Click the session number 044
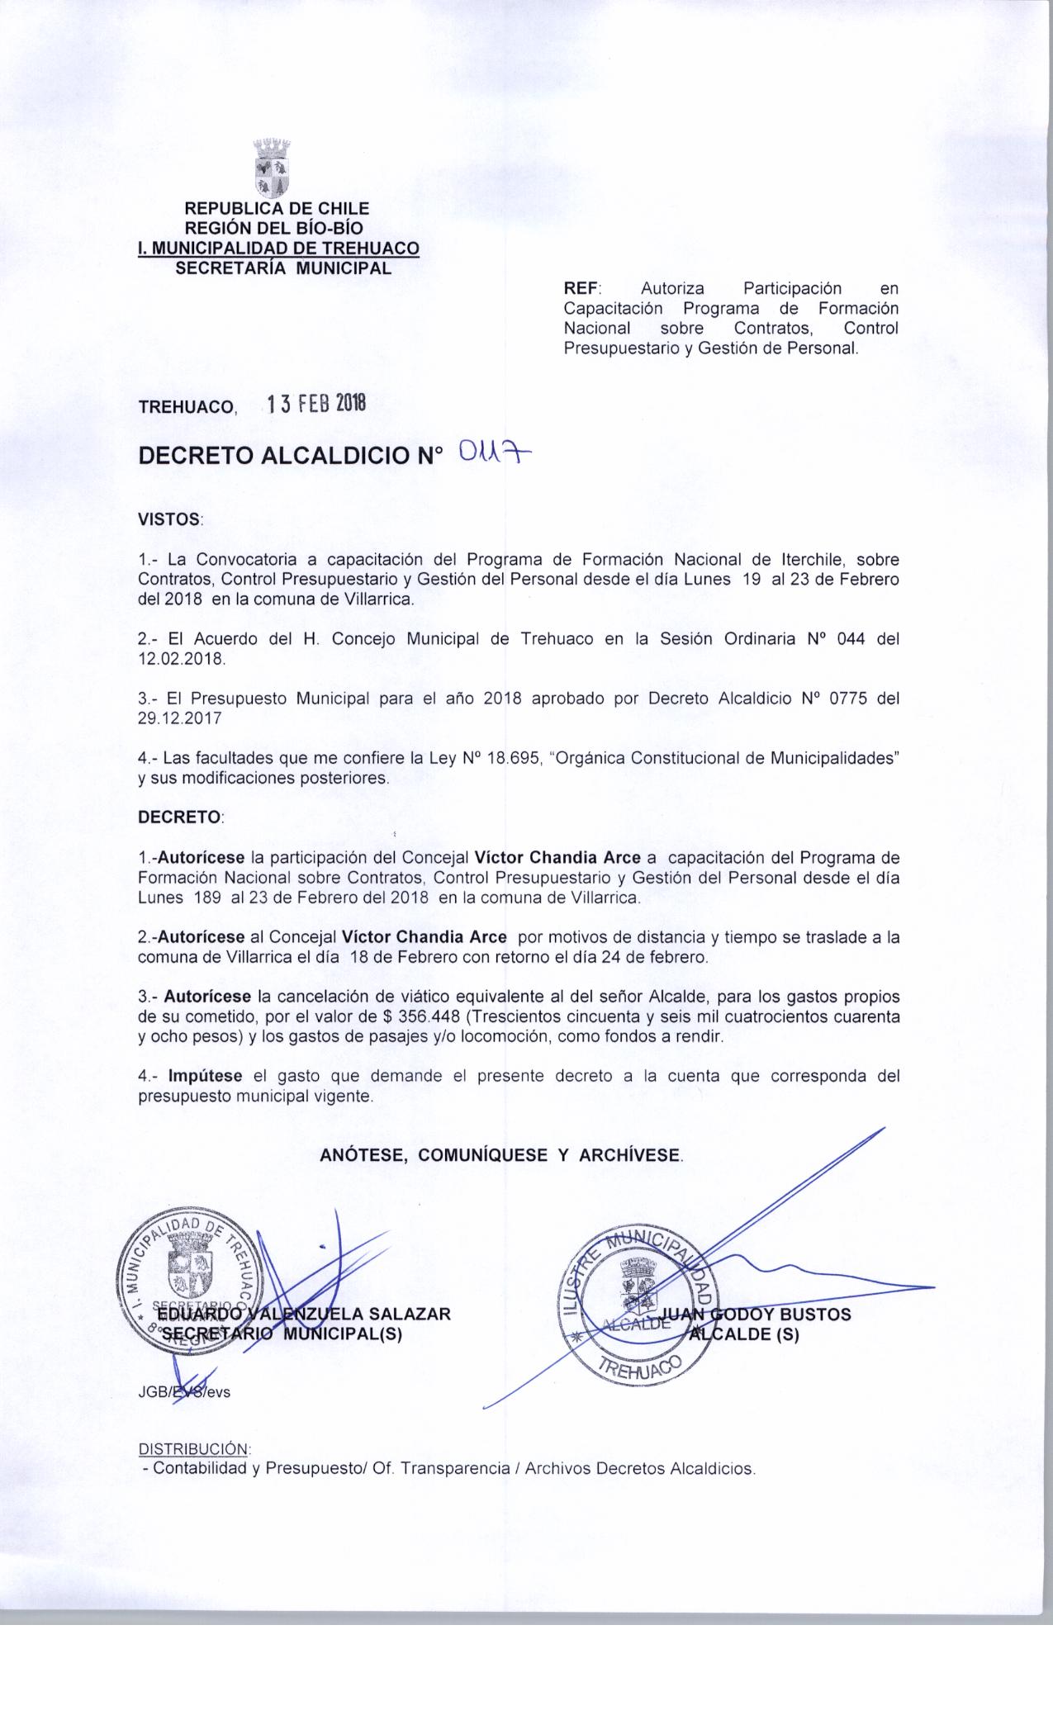point(850,639)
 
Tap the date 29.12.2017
point(180,718)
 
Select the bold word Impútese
point(205,1076)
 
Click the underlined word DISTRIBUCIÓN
point(193,1449)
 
